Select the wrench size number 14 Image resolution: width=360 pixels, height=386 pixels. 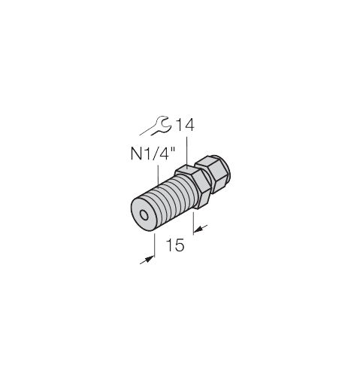184,124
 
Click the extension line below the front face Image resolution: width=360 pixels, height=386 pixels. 154,245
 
